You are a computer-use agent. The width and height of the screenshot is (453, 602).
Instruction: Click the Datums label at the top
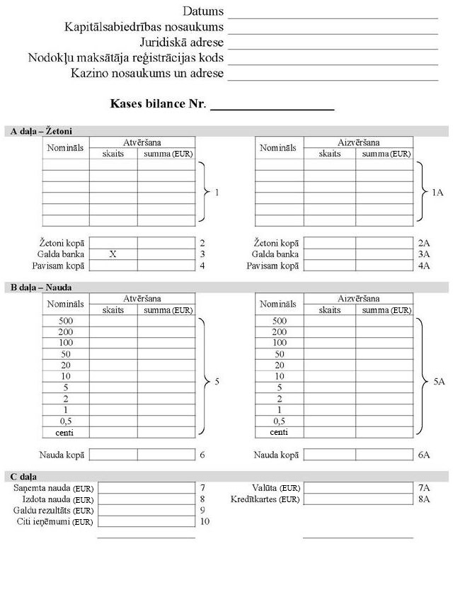[x=203, y=11]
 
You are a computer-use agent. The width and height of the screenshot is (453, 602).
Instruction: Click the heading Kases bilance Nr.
[x=158, y=104]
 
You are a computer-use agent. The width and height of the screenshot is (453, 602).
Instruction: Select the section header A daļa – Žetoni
[x=42, y=131]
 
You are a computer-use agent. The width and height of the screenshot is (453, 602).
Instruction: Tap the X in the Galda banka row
[x=113, y=254]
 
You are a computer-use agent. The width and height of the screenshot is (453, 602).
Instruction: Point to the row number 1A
[x=437, y=193]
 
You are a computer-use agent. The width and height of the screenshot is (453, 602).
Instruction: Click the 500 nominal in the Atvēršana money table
[x=66, y=321]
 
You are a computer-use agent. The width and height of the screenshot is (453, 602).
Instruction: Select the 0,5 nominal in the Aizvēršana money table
[x=279, y=421]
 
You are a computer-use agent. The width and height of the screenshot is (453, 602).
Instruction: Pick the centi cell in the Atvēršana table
[x=66, y=432]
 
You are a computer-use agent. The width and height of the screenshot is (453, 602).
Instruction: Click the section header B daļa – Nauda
[x=41, y=287]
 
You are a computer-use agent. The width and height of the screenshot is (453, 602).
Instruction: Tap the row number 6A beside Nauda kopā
[x=424, y=455]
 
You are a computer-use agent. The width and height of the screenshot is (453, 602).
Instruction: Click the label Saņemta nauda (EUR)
[x=54, y=488]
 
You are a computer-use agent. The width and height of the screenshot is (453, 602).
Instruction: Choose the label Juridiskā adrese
[x=181, y=42]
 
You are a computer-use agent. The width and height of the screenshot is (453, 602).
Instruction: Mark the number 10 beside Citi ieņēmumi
[x=205, y=521]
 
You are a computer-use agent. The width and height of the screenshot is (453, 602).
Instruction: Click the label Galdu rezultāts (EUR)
[x=54, y=511]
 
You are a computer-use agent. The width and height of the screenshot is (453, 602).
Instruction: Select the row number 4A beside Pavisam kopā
[x=424, y=266]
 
